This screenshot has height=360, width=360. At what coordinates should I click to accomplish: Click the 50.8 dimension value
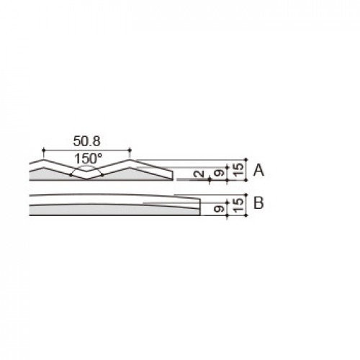coord(86,141)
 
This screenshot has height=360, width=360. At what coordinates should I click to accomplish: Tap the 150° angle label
coord(88,158)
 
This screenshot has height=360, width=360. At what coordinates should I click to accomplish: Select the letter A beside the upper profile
coord(258,170)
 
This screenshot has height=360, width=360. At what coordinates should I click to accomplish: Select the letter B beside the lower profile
coord(258,203)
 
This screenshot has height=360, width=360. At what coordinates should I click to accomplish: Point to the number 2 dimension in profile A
coord(199,174)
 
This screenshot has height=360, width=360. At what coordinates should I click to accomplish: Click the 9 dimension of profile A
coord(219,173)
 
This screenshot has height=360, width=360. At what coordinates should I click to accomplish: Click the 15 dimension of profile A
coord(238,170)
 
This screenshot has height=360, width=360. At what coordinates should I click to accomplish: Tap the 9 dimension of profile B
coord(219,209)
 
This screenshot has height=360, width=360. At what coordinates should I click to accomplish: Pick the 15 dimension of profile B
coord(238,204)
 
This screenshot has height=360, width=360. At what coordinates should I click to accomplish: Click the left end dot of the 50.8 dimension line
coord(43,150)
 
